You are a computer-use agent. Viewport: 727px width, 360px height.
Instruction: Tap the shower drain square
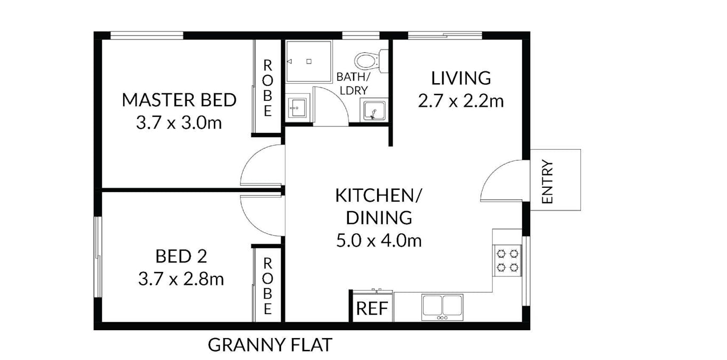tap(309, 61)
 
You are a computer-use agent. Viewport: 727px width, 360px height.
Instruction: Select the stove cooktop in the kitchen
tap(507, 261)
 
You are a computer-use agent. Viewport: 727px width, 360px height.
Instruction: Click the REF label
tap(372, 308)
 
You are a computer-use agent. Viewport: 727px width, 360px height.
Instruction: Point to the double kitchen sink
tap(442, 307)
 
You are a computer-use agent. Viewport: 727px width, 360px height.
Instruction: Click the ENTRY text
tap(548, 182)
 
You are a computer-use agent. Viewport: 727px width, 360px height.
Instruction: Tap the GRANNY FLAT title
tap(270, 345)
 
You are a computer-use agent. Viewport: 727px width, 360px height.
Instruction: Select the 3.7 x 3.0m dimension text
tap(179, 123)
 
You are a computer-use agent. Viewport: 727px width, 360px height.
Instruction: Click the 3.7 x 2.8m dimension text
tap(181, 279)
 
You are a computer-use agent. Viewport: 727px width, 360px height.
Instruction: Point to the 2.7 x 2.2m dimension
tap(461, 101)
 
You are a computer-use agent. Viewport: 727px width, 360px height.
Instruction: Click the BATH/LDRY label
tap(354, 84)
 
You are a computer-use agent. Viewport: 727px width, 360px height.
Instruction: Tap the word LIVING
tap(461, 78)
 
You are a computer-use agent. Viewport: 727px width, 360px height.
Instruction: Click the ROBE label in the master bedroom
tap(268, 89)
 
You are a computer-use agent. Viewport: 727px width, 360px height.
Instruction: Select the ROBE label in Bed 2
tap(268, 286)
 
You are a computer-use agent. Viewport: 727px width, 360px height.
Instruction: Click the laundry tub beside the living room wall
tap(374, 110)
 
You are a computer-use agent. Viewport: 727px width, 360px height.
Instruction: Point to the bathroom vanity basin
tap(298, 107)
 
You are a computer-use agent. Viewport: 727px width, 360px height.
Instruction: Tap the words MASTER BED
tap(179, 100)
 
